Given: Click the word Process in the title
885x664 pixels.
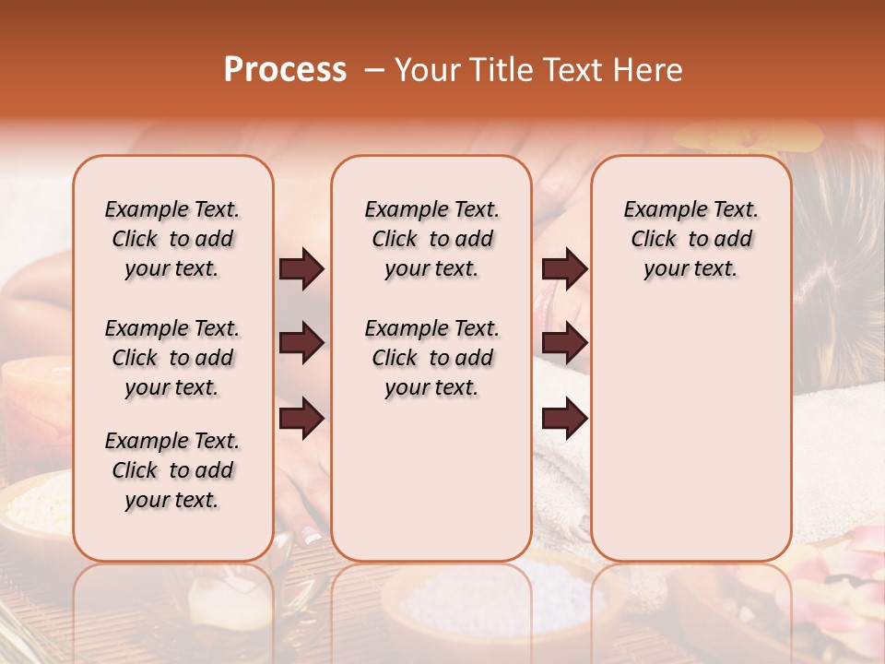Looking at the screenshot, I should click(285, 70).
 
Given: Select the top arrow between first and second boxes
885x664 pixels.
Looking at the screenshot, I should click(301, 268).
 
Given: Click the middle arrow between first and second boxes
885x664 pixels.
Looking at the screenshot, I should click(301, 344).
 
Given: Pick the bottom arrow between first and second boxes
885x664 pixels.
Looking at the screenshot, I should click(301, 419).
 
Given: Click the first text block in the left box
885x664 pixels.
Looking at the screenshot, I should click(172, 239).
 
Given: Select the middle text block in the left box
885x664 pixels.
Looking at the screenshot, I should click(172, 358).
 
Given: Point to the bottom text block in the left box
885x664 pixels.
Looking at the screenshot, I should click(172, 470).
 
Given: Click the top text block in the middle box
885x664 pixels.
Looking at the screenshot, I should click(432, 239).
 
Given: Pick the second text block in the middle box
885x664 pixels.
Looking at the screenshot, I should click(432, 358).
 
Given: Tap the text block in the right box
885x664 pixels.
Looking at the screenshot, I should click(691, 239).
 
